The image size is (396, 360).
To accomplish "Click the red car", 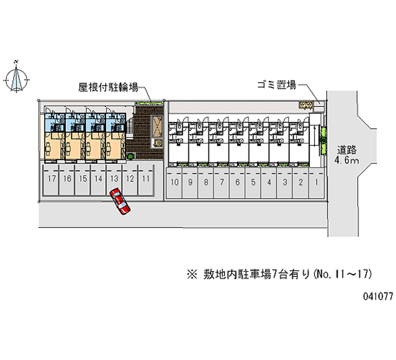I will (120, 201).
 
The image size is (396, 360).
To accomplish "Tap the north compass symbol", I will (17, 77).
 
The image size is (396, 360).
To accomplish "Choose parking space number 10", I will (174, 182).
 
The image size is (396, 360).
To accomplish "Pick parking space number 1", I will (316, 182).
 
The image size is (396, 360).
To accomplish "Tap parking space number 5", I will (253, 182).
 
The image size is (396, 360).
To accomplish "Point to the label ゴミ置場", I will (276, 85).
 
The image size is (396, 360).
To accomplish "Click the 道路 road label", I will (347, 150).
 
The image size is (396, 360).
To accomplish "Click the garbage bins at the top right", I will (305, 104).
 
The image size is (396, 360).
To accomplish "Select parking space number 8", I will (206, 182).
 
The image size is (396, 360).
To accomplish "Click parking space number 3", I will (285, 182).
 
